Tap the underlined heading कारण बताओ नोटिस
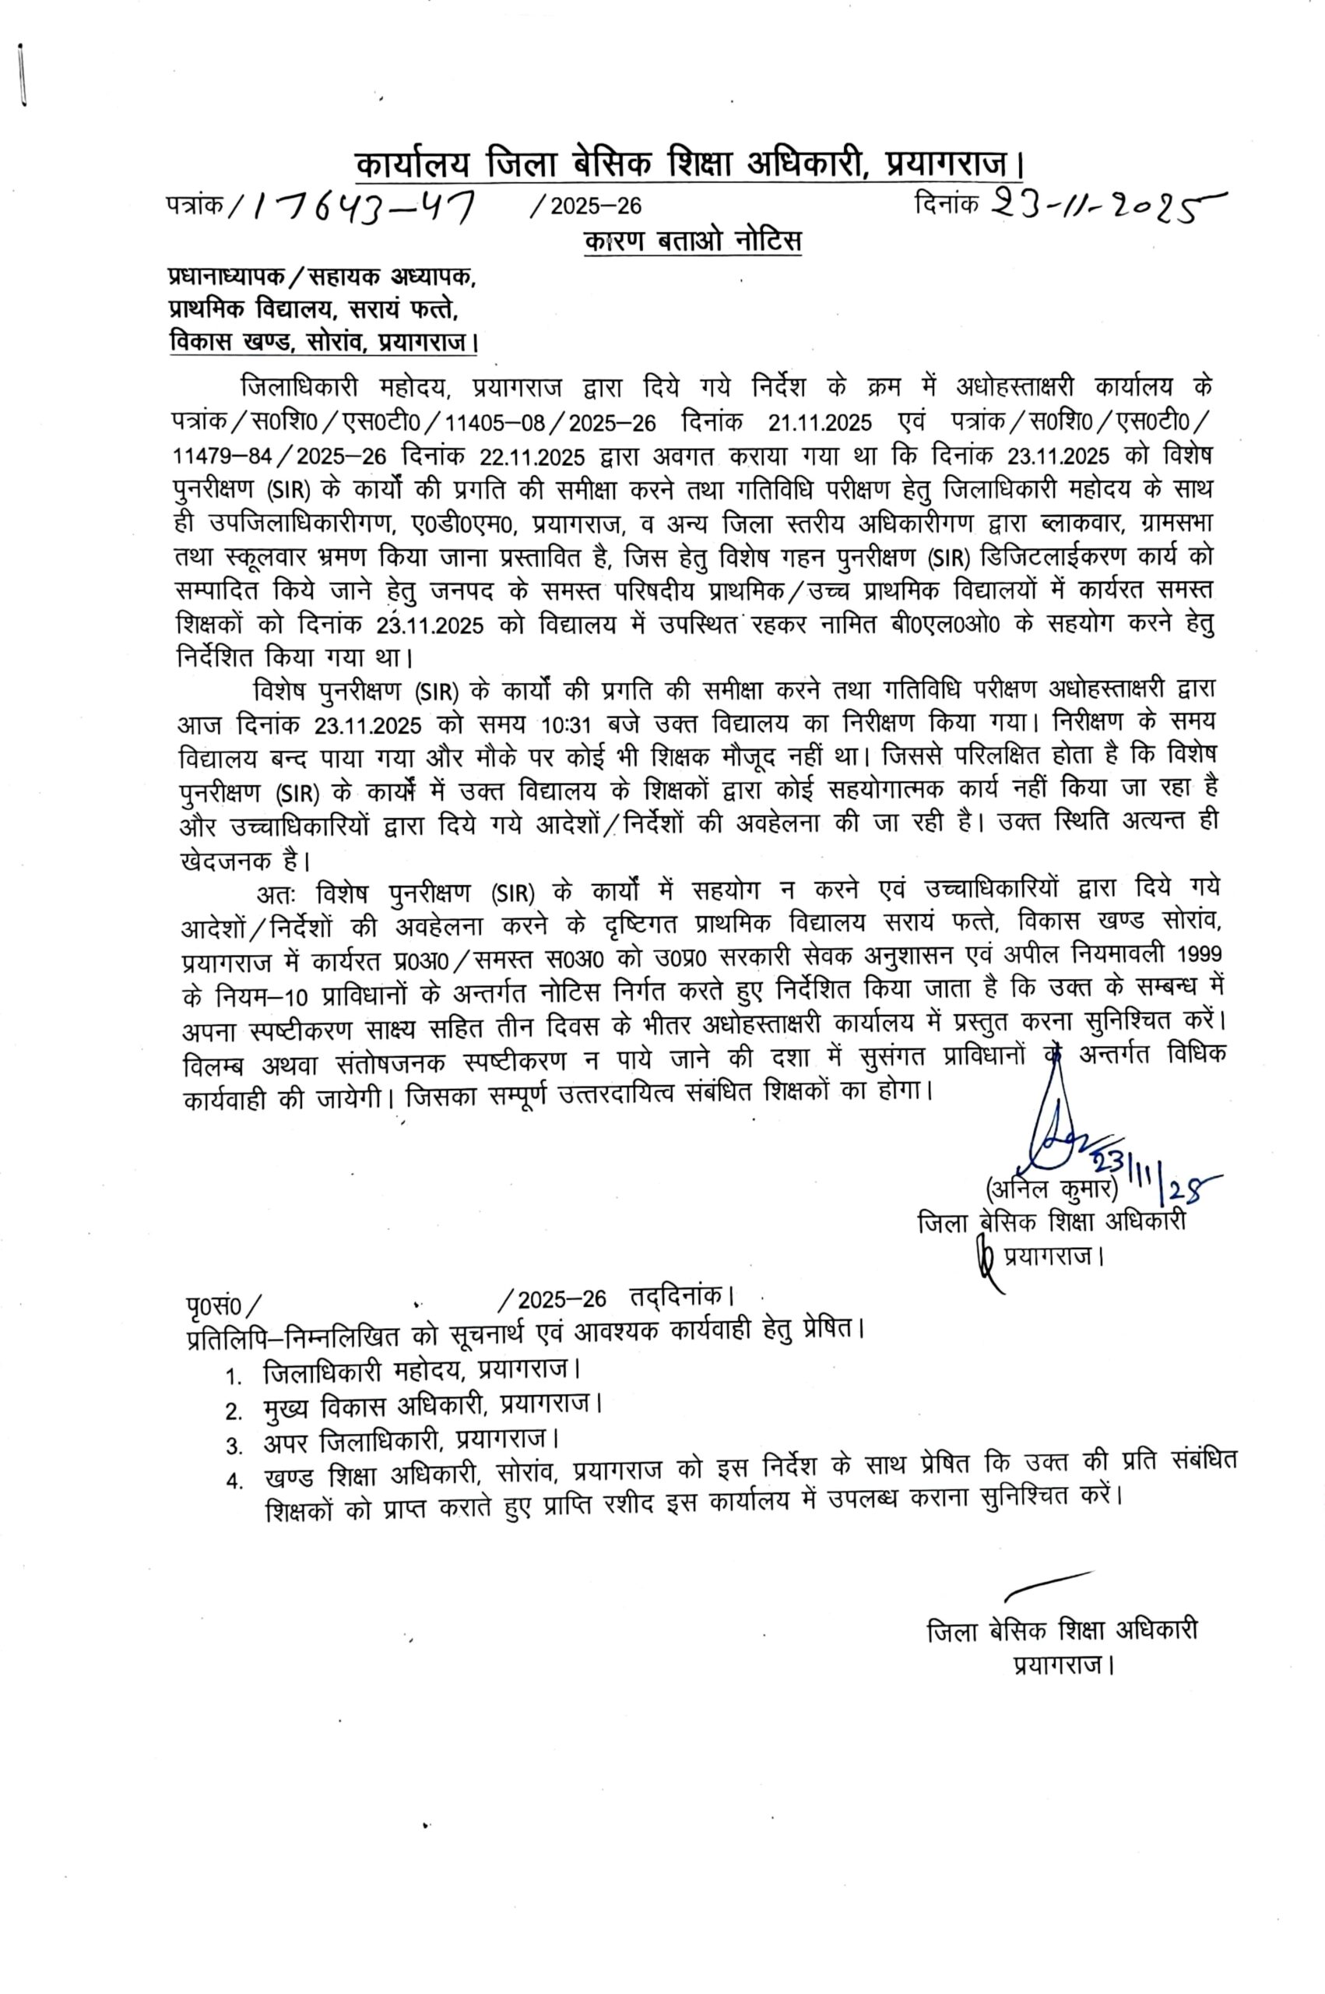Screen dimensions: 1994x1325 [x=692, y=241]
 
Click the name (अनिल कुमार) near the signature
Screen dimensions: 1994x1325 [x=1051, y=1188]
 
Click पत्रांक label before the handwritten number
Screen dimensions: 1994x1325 [x=195, y=206]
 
